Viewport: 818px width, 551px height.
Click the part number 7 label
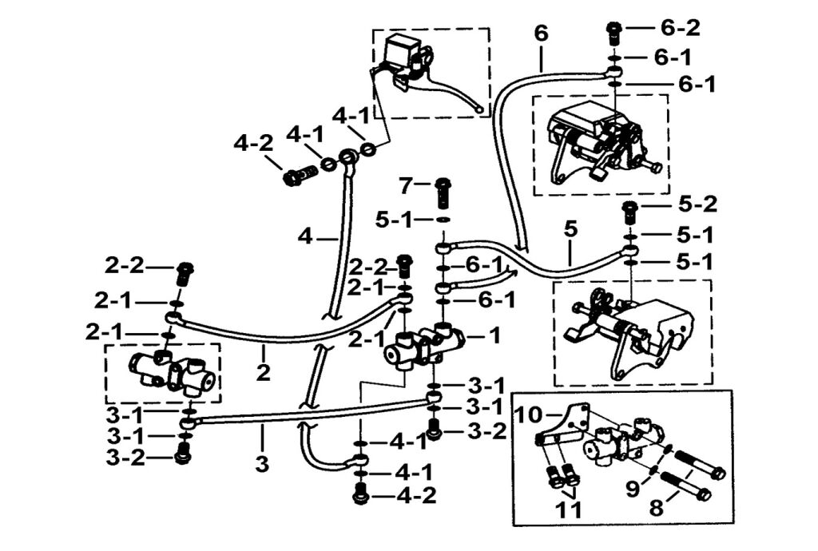click(405, 187)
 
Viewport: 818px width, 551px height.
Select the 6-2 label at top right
click(680, 29)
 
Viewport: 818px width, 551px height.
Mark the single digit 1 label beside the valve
click(494, 335)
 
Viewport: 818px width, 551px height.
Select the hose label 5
click(570, 229)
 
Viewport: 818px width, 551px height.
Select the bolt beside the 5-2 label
click(631, 212)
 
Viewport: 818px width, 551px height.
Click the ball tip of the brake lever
click(478, 111)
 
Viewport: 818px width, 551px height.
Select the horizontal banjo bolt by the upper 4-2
click(296, 176)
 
